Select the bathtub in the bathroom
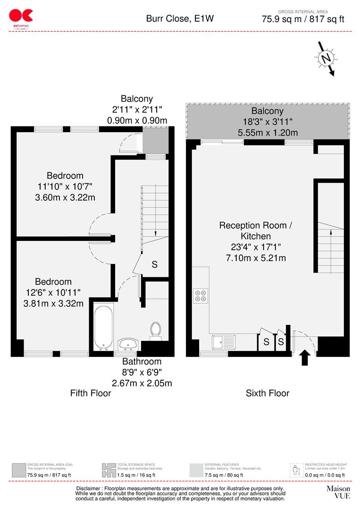pyautogui.click(x=103, y=326)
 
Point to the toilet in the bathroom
pyautogui.click(x=156, y=330)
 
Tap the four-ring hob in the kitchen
pyautogui.click(x=201, y=295)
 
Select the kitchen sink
pyautogui.click(x=224, y=341)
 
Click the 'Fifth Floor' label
pyautogui.click(x=91, y=393)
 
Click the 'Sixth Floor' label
pyautogui.click(x=268, y=393)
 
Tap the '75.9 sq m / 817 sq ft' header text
pyautogui.click(x=303, y=19)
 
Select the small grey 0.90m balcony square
pyautogui.click(x=155, y=140)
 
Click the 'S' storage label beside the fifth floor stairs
pyautogui.click(x=154, y=265)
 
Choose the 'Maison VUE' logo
pyautogui.click(x=338, y=492)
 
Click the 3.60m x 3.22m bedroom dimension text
pyautogui.click(x=65, y=197)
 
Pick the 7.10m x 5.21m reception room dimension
pyautogui.click(x=255, y=258)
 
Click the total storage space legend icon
pyautogui.click(x=109, y=470)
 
